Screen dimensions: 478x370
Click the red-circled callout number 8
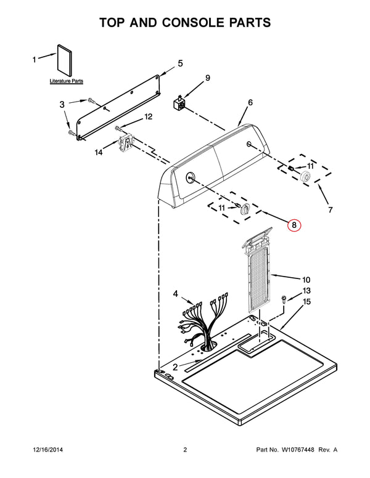[x=294, y=225]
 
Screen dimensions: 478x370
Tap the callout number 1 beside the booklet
[x=35, y=60]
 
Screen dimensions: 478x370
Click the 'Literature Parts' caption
[x=67, y=81]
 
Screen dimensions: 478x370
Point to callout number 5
[x=180, y=63]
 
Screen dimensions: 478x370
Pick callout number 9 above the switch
[x=207, y=78]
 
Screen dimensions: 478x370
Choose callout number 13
[x=306, y=290]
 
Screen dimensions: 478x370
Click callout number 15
[x=306, y=301]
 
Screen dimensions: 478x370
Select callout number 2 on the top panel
[x=175, y=367]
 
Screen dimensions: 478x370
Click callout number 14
[x=99, y=153]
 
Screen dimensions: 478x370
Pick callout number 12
[x=148, y=116]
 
